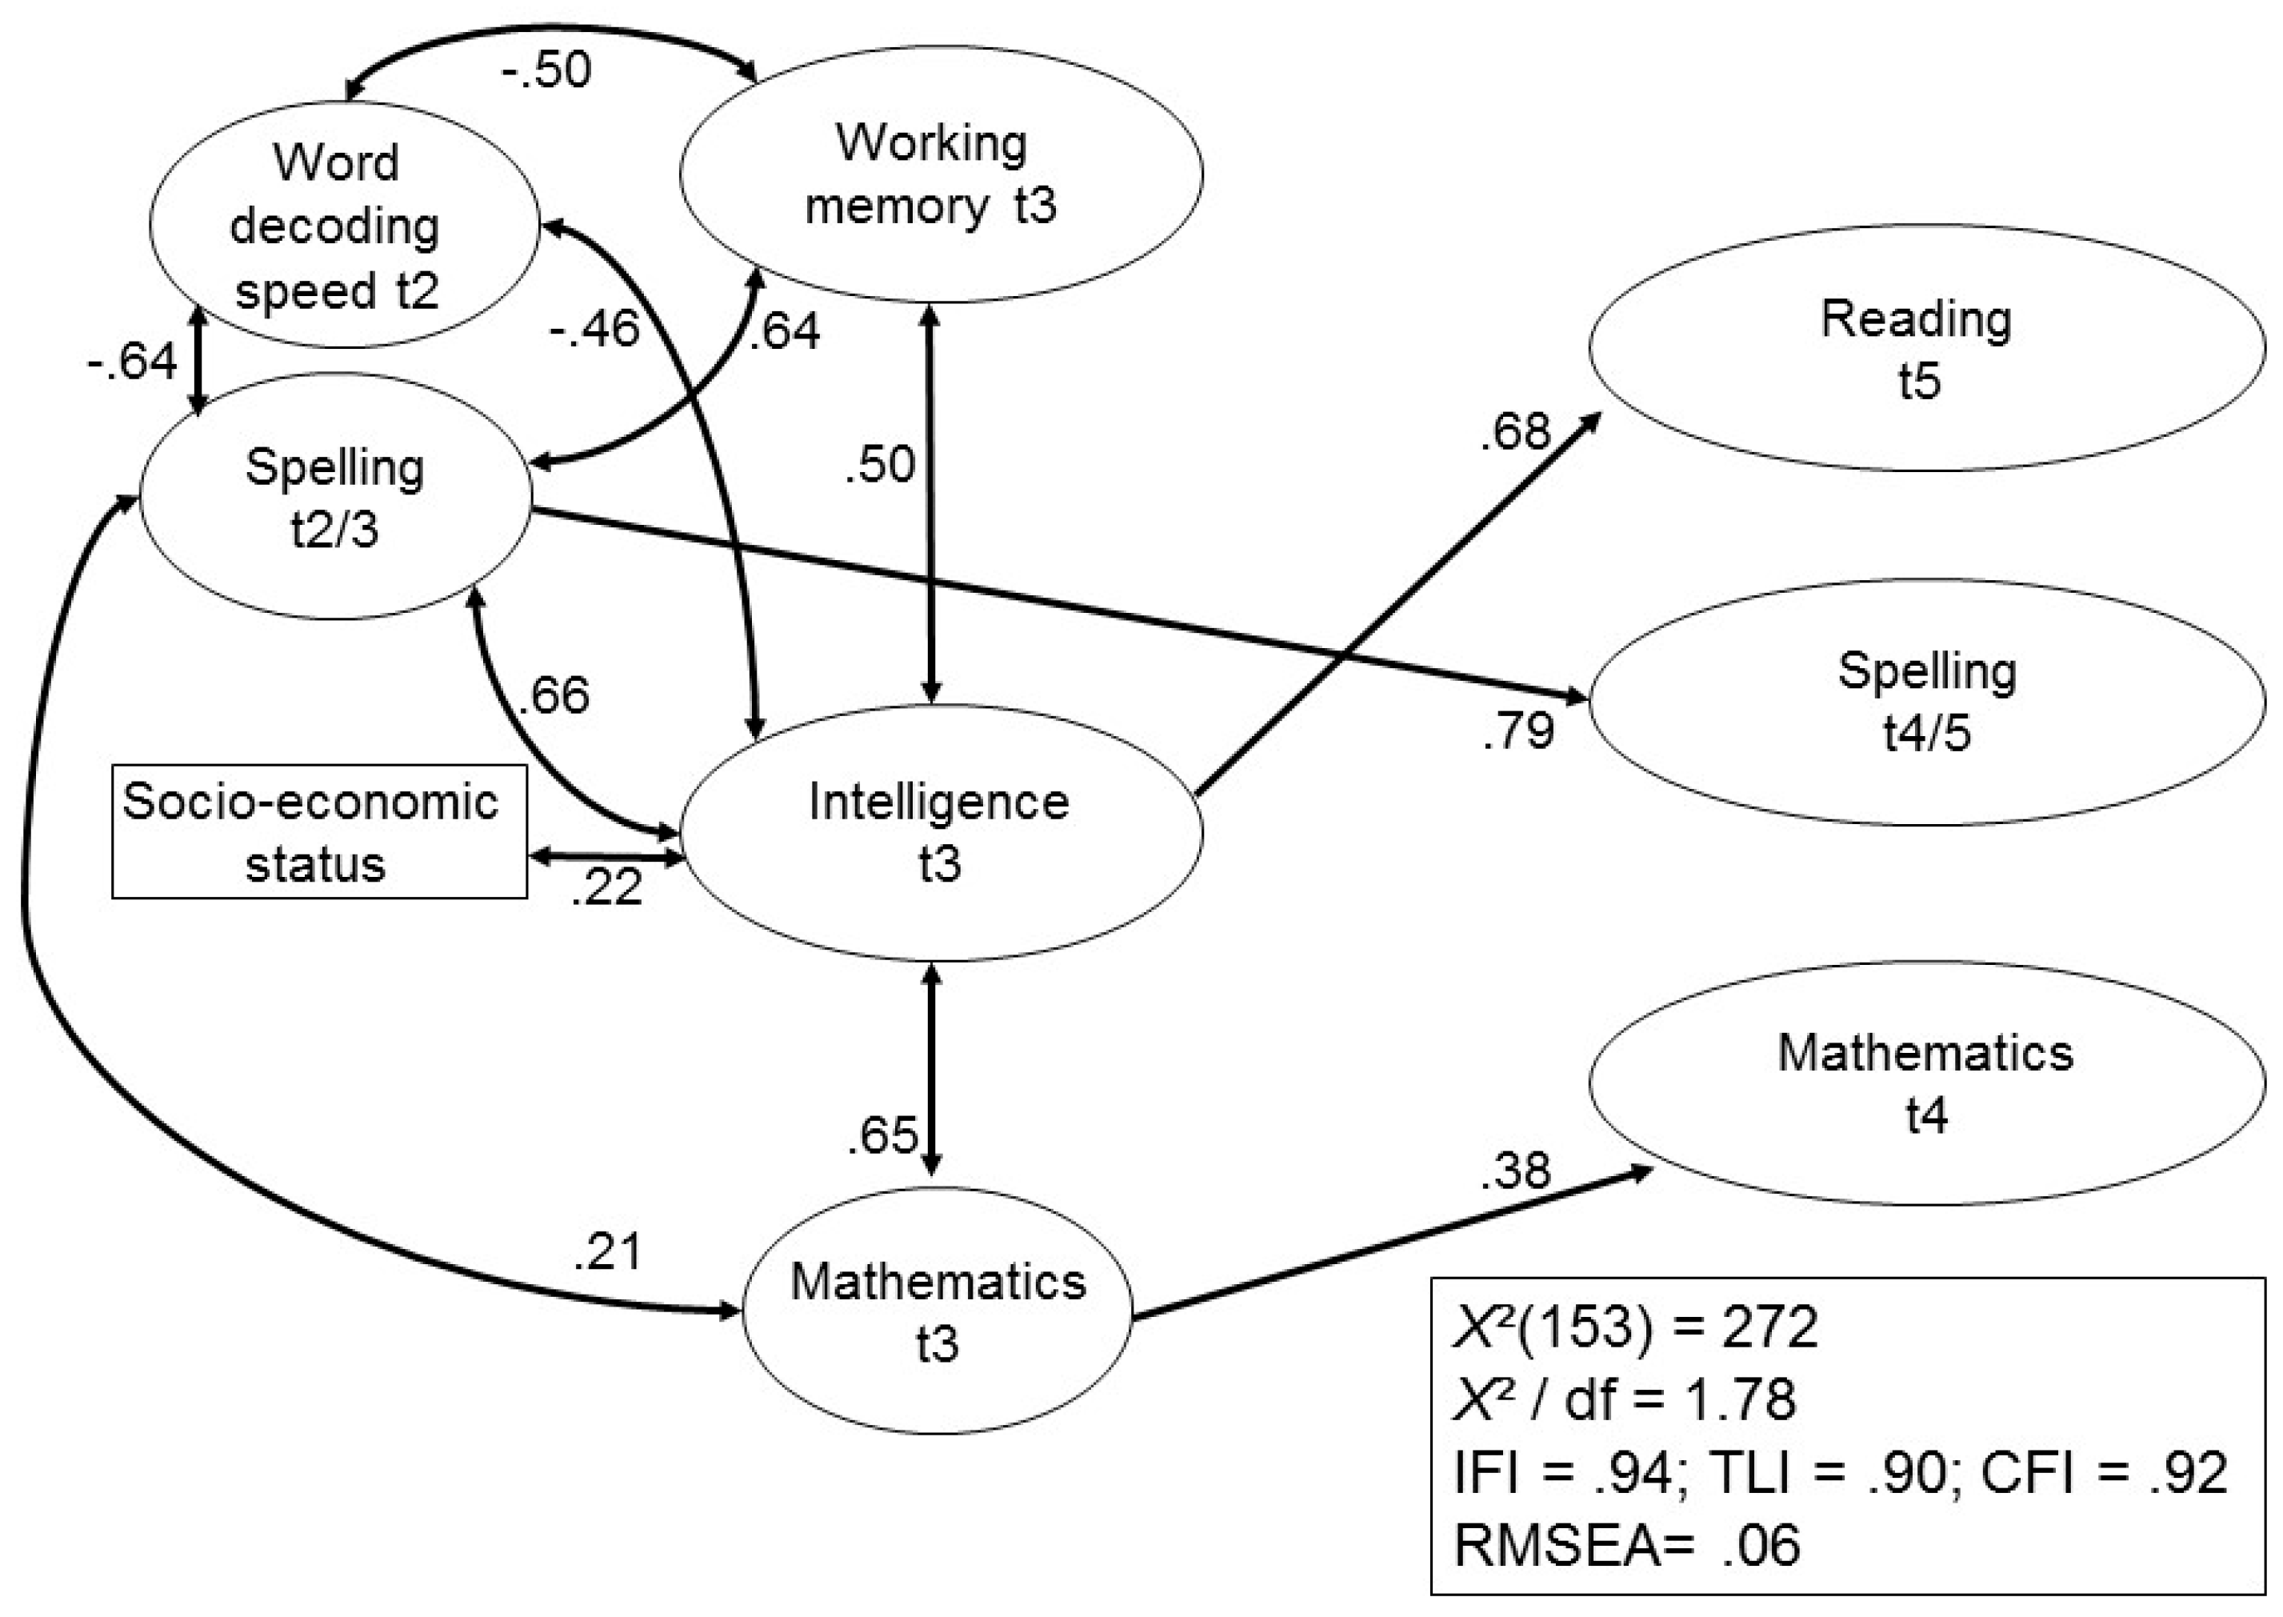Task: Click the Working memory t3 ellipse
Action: [x=941, y=174]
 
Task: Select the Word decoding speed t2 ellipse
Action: [x=344, y=225]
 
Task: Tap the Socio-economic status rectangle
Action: [x=318, y=831]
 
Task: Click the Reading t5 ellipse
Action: [x=1925, y=349]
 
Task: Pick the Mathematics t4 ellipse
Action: [x=1925, y=1083]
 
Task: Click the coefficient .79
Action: [x=1517, y=732]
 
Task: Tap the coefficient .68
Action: [x=1515, y=432]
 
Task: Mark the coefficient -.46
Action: [x=594, y=330]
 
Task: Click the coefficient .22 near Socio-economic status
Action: [x=606, y=887]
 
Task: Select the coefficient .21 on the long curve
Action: [x=607, y=1251]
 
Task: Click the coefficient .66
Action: [x=554, y=695]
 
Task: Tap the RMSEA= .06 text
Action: [x=1627, y=1545]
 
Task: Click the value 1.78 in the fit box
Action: [x=1740, y=1399]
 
